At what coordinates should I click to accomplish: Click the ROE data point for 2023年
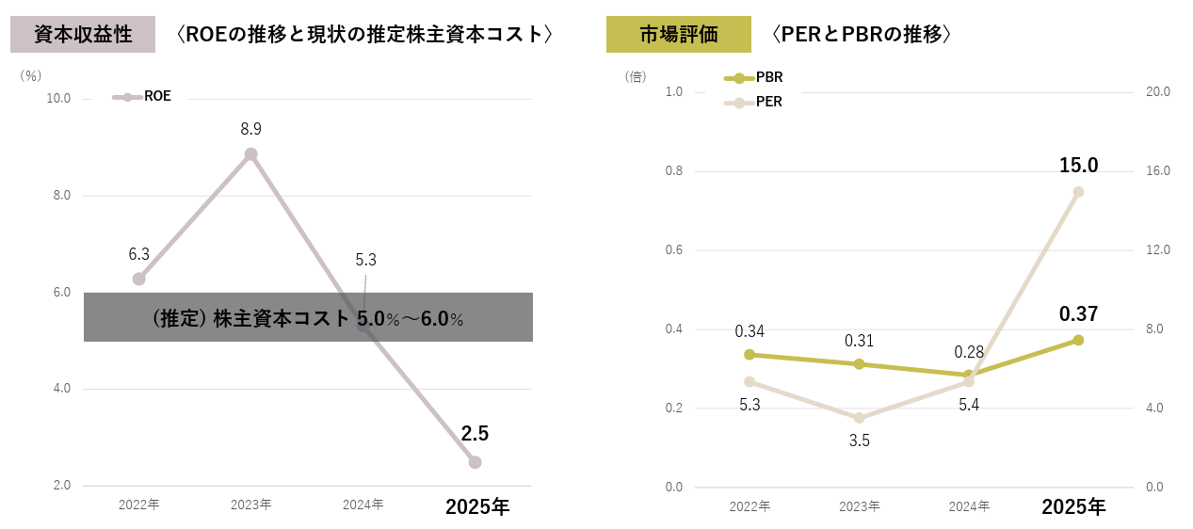tap(250, 154)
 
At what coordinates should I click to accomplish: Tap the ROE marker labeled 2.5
tap(475, 462)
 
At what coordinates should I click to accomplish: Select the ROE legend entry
tap(143, 96)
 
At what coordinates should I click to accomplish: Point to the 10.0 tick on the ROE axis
tap(58, 98)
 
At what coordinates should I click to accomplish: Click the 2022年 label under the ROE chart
tap(138, 505)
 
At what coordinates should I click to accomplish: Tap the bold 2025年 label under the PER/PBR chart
tap(1073, 506)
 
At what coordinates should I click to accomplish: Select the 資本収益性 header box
tap(83, 35)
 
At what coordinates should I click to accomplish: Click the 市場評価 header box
tap(678, 35)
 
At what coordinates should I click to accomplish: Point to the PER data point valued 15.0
tap(1078, 192)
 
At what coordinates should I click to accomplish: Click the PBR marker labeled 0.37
tap(1078, 340)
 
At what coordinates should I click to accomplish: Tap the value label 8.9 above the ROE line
tap(250, 128)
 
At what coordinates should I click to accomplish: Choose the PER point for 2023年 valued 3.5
tap(859, 418)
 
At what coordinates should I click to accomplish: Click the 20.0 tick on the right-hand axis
tap(1156, 92)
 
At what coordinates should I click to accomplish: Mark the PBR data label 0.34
tap(750, 331)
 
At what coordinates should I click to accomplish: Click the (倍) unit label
tap(636, 76)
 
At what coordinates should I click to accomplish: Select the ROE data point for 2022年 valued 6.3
tap(139, 279)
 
